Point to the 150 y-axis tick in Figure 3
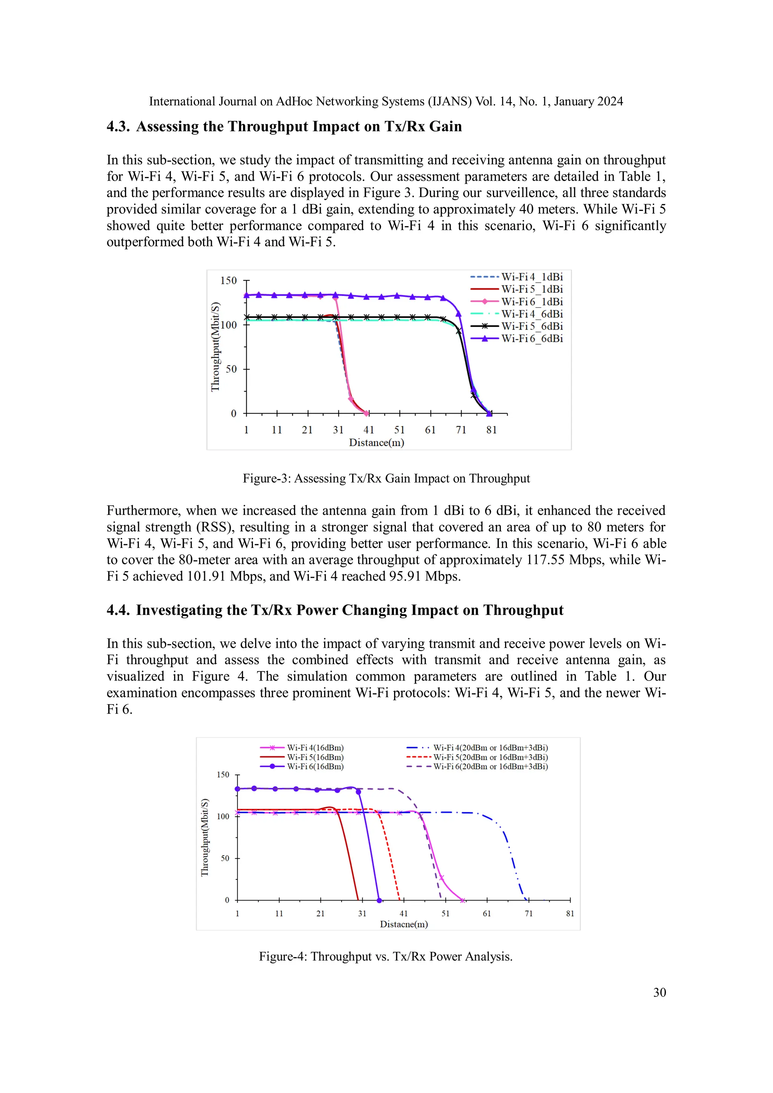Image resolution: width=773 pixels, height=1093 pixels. point(228,281)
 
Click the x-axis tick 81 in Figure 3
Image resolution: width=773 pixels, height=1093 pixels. point(491,430)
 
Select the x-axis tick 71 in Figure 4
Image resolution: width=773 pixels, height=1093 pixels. point(528,913)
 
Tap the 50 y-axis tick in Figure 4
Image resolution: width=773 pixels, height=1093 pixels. point(225,858)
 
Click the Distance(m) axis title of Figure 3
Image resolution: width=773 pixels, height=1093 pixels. point(376,443)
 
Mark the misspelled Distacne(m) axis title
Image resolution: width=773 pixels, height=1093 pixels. point(403,924)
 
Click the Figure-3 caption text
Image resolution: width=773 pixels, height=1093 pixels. point(386,479)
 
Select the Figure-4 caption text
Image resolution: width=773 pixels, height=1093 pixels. point(385,956)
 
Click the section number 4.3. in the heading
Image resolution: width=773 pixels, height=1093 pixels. point(117,127)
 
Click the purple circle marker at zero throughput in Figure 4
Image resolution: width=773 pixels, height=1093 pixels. point(379,900)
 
